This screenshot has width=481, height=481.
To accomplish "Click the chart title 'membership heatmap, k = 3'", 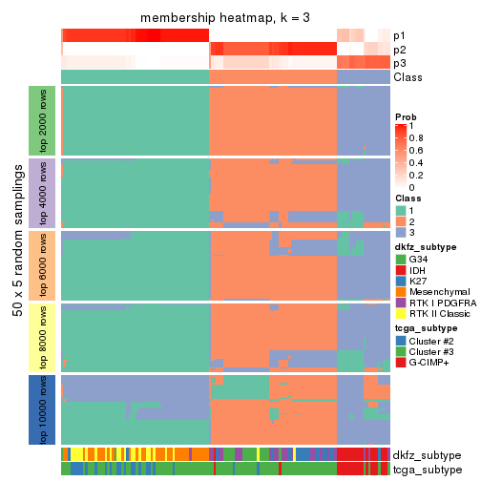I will click(x=225, y=18).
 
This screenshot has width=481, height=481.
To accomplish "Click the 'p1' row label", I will click(x=400, y=35).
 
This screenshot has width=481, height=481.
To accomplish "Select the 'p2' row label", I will click(x=400, y=49).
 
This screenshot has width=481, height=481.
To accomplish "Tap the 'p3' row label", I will click(x=400, y=63).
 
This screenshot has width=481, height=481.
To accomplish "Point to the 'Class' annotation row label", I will click(x=408, y=77).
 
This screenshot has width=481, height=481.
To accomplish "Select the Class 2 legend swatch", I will click(x=401, y=221).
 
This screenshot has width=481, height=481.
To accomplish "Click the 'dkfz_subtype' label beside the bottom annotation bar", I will click(x=427, y=455).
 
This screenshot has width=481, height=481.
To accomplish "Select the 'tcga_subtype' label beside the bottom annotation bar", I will click(x=427, y=470).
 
